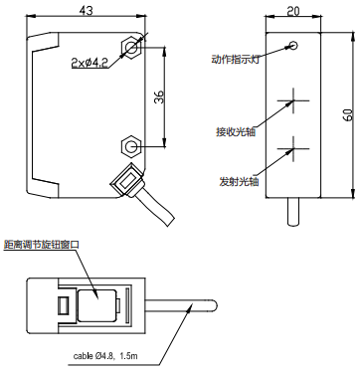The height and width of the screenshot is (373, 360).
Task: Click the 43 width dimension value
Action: pos(87,10)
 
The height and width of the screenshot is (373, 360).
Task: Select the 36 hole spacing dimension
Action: pos(160,96)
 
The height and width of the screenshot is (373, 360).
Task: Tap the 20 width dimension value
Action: pos(293,11)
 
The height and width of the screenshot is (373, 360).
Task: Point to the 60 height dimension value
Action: pos(348,114)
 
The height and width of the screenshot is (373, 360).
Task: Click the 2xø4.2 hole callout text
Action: pos(90,63)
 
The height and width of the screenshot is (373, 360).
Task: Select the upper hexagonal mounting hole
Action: pos(131,48)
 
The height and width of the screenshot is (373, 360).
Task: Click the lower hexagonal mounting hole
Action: pos(130,146)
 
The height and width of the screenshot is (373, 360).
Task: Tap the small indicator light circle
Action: pos(293,45)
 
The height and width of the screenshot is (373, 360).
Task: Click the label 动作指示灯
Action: pos(235,60)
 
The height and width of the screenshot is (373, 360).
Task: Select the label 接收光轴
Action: pos(236,131)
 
